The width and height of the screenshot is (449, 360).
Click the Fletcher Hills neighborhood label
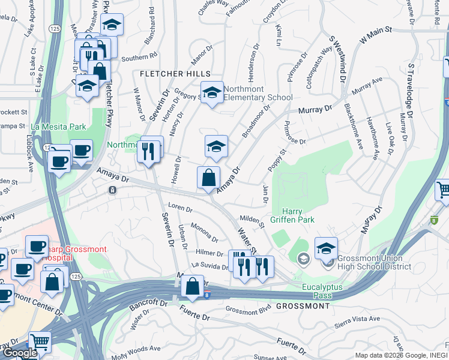point(170,74)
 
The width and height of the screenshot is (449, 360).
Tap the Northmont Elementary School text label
point(258,93)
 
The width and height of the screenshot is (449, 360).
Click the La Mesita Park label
point(59,127)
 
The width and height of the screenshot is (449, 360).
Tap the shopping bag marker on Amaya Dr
point(208,178)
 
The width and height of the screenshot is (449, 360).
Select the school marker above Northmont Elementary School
point(211,92)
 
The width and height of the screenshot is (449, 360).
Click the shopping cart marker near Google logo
point(40,342)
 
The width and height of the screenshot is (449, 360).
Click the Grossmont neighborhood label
point(303,306)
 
